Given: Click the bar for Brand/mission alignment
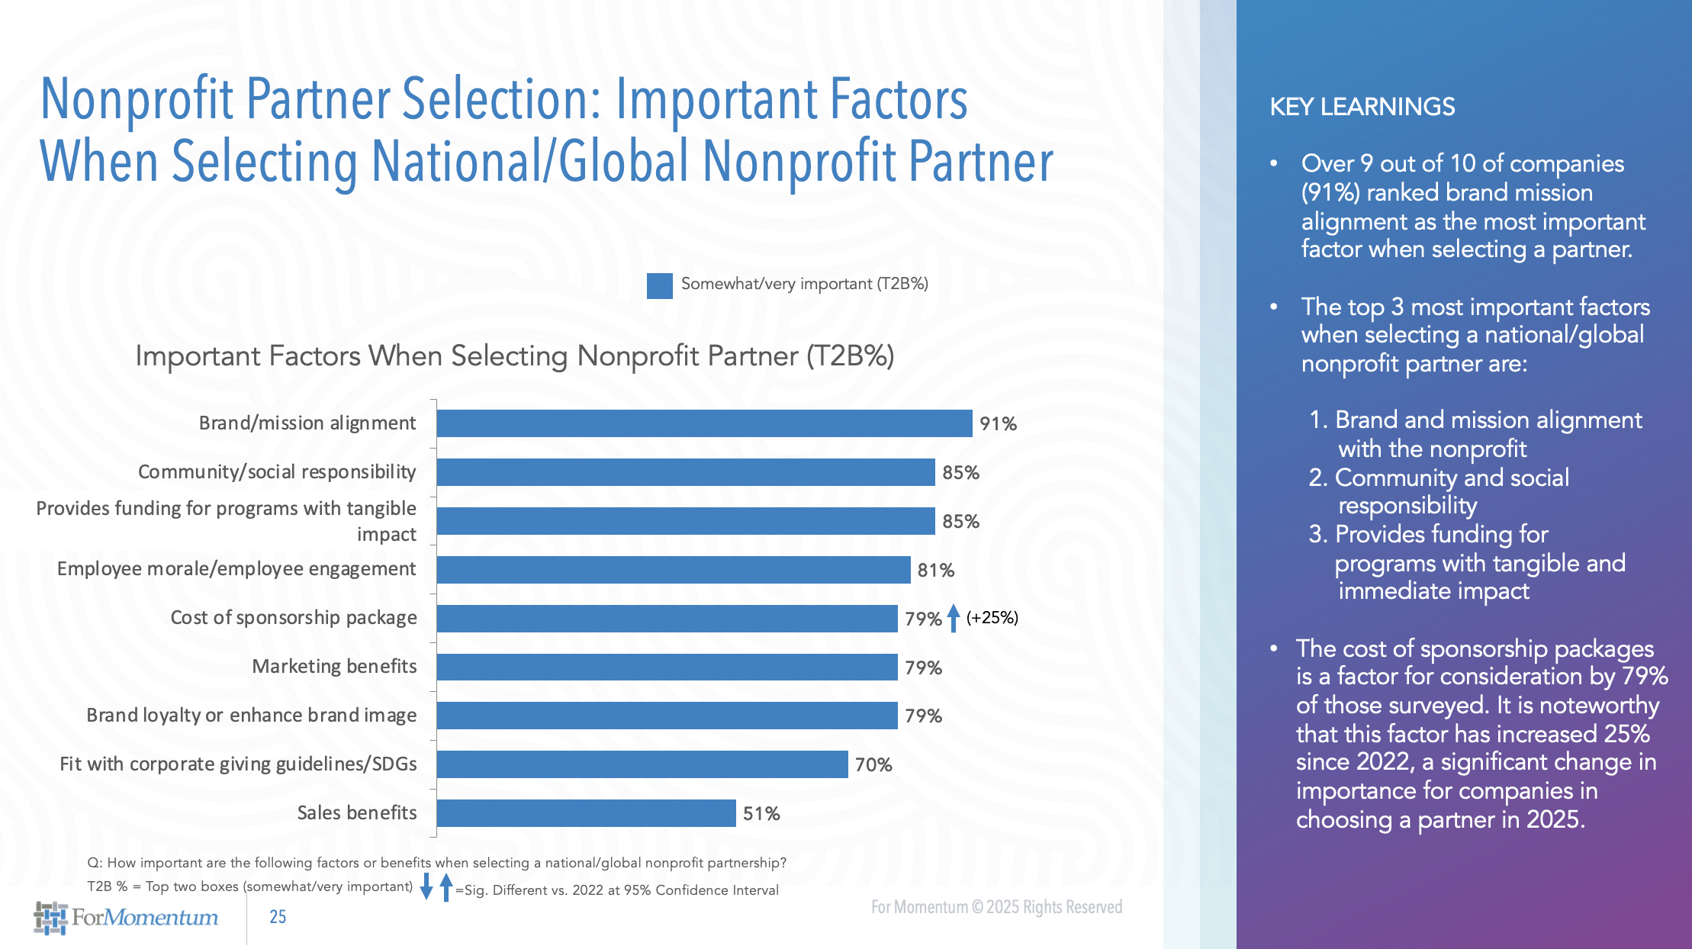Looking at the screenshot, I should [704, 423].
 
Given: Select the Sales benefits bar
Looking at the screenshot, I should [586, 813].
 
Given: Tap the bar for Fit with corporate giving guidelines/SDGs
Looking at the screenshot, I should [642, 764].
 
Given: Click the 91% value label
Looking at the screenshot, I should [998, 424].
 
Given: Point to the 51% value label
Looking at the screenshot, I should [761, 814].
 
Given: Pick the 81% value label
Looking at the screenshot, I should [935, 571].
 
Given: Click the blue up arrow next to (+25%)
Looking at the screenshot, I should [954, 617].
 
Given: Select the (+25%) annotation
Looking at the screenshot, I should [992, 617].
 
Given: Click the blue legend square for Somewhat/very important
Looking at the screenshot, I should [659, 285].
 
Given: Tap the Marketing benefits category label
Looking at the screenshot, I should [334, 667].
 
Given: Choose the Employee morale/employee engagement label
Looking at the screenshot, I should [236, 569].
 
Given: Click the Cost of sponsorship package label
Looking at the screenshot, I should [294, 618].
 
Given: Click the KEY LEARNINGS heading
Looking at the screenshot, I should [1362, 107].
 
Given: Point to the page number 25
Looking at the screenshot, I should [278, 917].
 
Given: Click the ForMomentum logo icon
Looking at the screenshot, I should [50, 918].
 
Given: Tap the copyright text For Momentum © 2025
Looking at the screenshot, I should [996, 907].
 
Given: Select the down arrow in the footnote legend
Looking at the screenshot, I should [426, 887].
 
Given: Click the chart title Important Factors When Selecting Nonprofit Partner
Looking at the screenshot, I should [514, 356].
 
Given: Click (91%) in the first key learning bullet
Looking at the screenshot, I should [1330, 193].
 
